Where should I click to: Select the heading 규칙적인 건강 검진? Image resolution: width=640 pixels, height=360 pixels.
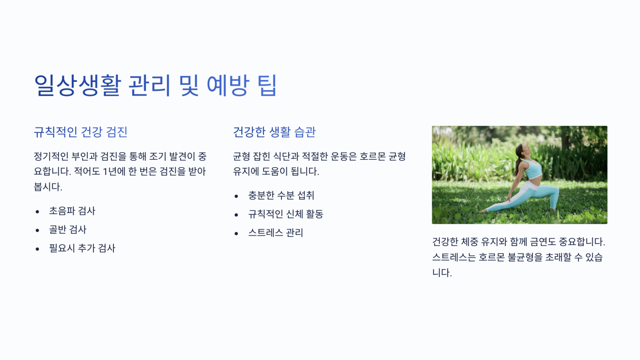pyautogui.click(x=80, y=132)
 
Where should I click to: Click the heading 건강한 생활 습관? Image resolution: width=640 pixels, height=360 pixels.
pyautogui.click(x=274, y=132)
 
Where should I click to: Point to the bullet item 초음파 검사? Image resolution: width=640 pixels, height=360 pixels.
pyautogui.click(x=72, y=211)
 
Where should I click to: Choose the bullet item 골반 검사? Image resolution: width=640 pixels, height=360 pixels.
pyautogui.click(x=68, y=230)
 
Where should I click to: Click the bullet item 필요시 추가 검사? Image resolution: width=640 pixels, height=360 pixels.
pyautogui.click(x=82, y=249)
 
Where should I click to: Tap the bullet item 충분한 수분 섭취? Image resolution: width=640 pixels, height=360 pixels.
pyautogui.click(x=281, y=195)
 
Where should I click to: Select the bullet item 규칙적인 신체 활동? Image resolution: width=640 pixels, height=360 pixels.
pyautogui.click(x=285, y=214)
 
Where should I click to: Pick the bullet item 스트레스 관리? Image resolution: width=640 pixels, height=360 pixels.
pyautogui.click(x=276, y=233)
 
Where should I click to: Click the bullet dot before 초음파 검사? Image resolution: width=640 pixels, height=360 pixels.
pyautogui.click(x=37, y=211)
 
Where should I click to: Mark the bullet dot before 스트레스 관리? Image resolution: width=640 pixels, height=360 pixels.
pyautogui.click(x=236, y=234)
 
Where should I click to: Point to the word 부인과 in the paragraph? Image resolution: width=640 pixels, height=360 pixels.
pyautogui.click(x=85, y=157)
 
